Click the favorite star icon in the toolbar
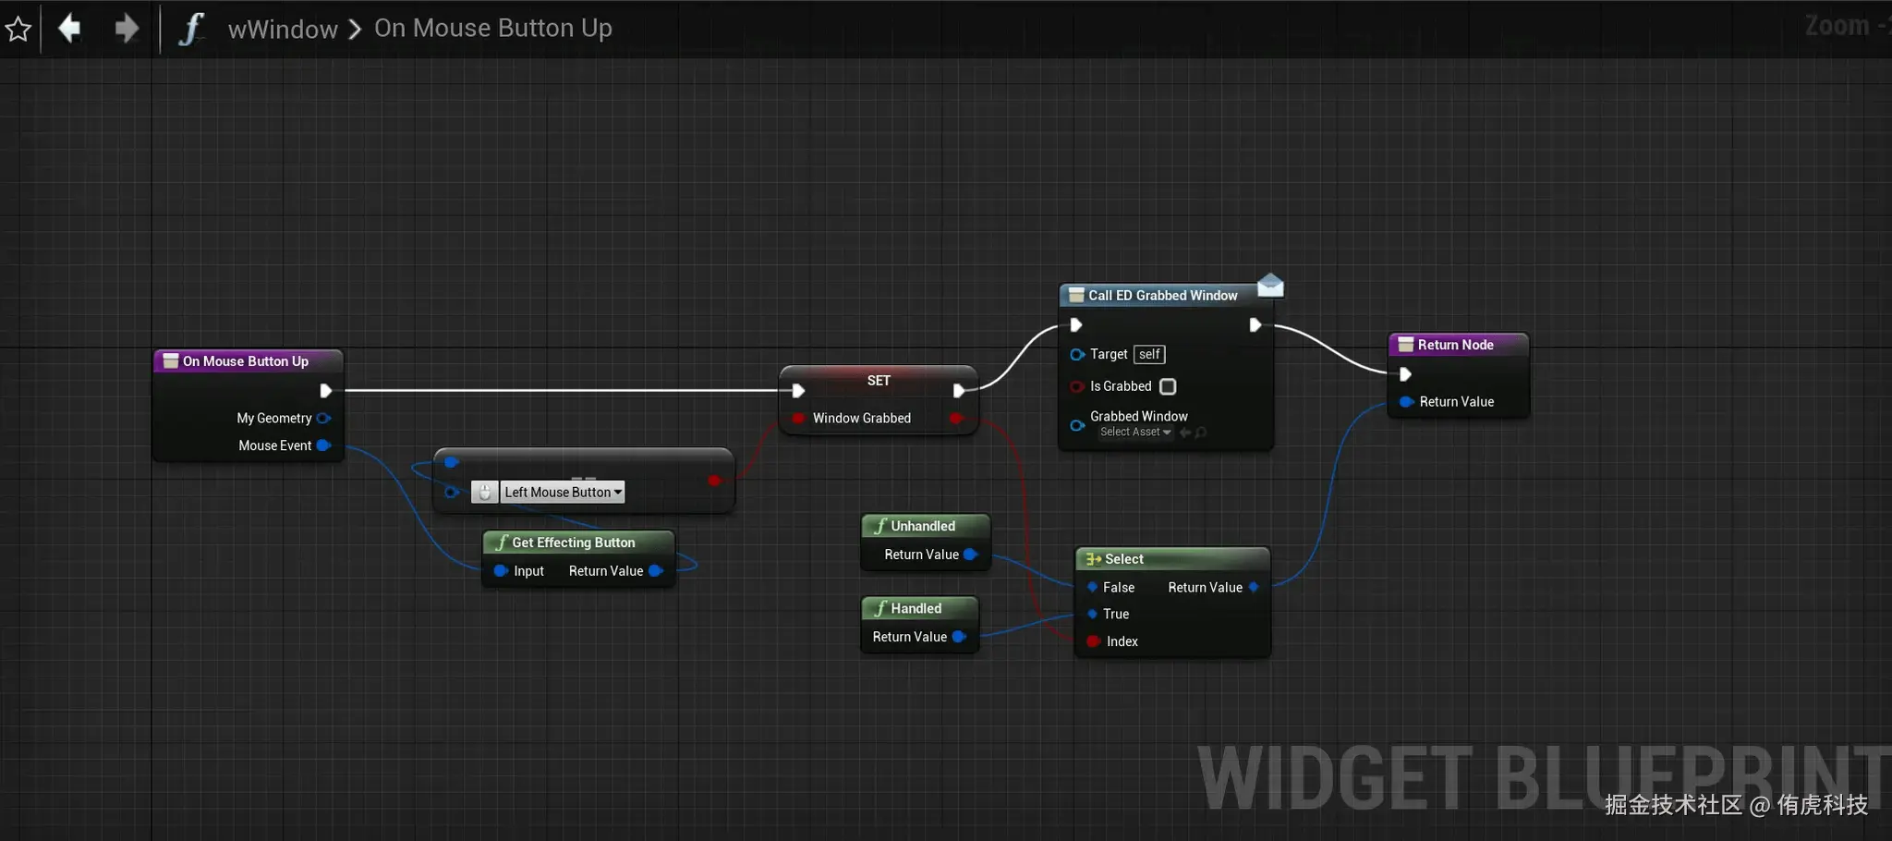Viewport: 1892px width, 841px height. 18,30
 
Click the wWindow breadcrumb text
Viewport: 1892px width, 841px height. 283,30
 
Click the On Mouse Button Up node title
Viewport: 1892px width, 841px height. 246,361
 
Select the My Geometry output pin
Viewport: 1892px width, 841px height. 323,419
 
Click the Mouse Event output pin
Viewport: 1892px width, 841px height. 323,445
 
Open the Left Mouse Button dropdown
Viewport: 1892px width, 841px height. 563,493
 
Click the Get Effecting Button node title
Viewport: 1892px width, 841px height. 573,542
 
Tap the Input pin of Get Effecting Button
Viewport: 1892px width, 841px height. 501,571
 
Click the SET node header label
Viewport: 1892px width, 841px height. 879,381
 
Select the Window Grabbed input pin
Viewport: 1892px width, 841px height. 799,419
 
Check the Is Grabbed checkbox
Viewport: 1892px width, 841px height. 1168,386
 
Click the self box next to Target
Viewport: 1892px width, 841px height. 1149,354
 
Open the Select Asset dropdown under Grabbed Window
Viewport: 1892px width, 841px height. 1135,433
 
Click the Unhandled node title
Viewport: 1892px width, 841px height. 922,526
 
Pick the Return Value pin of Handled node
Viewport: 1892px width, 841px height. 959,637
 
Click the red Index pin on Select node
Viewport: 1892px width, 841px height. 1093,641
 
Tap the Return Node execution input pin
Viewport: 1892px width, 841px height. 1405,374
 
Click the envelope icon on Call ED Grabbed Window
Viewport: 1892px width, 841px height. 1270,286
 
